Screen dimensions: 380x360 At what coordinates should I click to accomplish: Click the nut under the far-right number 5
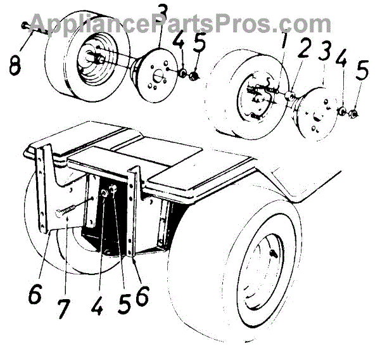click(x=355, y=115)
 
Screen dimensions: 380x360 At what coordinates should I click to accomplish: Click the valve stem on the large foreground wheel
click(x=273, y=254)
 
